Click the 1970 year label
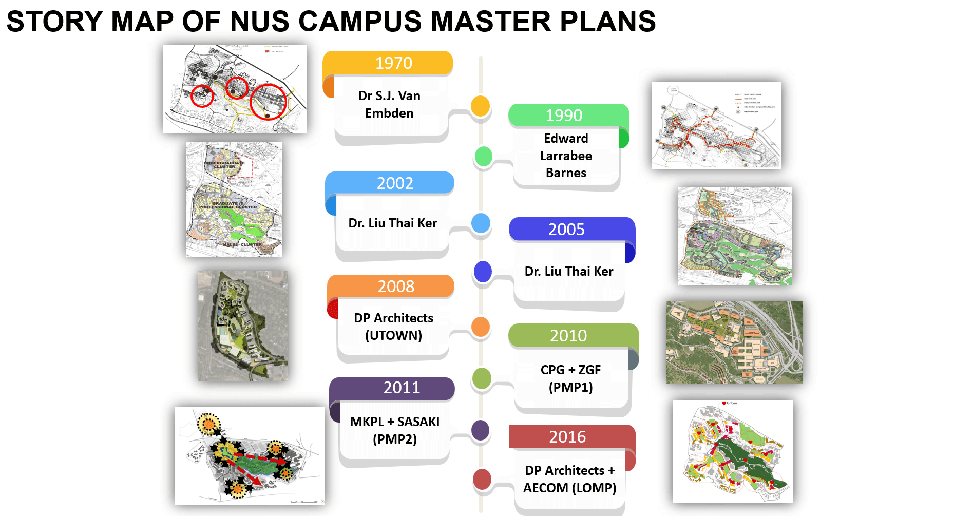[x=393, y=63]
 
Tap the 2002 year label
[x=395, y=183]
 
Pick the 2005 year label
[x=566, y=230]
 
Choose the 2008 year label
[x=396, y=286]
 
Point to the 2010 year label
[x=568, y=336]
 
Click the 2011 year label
[x=402, y=388]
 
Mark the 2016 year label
[x=567, y=437]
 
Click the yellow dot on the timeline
[x=481, y=106]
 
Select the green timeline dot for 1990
[x=484, y=156]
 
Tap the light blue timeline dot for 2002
[x=481, y=223]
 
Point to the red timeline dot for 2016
[x=482, y=479]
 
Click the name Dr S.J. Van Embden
[x=389, y=105]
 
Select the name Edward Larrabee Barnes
[x=566, y=156]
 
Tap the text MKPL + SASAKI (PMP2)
[x=394, y=430]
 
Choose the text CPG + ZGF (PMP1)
[x=570, y=378]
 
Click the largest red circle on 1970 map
[x=268, y=102]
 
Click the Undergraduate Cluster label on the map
[x=224, y=165]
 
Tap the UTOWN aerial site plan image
[x=243, y=326]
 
